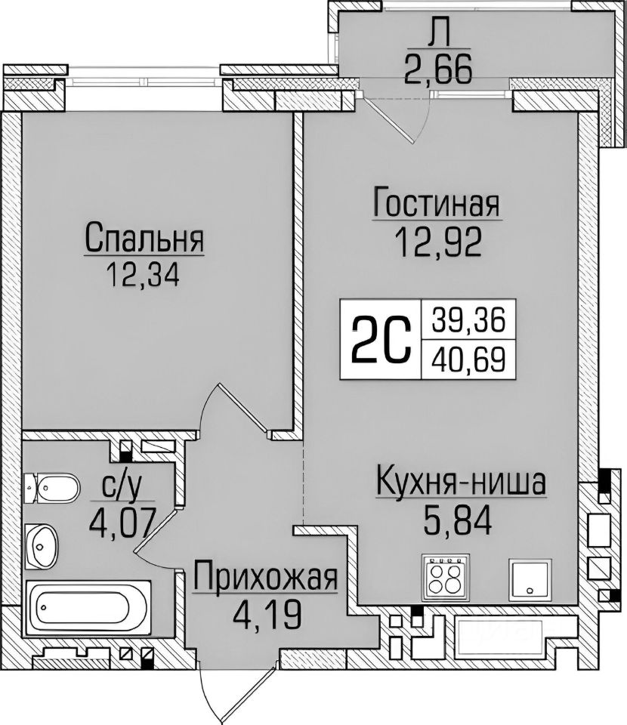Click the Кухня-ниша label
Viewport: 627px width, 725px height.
460,482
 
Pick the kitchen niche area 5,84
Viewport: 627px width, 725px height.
460,520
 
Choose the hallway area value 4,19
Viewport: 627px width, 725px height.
264,613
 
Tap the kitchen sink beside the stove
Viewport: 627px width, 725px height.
532,578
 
